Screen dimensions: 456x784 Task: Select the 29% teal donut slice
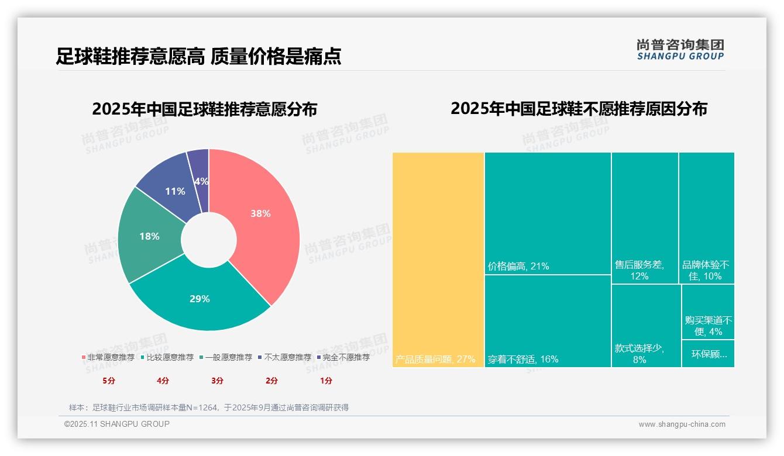(x=200, y=299)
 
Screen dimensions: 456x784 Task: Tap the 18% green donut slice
(x=149, y=236)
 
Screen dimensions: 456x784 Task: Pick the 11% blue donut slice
(x=175, y=191)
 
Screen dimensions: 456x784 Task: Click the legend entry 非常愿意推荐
(x=108, y=357)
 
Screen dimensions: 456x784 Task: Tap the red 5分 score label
(x=109, y=381)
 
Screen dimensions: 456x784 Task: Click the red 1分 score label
(x=326, y=381)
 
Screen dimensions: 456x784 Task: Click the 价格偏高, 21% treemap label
(x=518, y=267)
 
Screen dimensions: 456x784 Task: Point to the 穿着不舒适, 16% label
(x=523, y=359)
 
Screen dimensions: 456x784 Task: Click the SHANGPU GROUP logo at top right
(x=680, y=50)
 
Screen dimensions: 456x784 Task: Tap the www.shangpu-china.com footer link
(x=682, y=424)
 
